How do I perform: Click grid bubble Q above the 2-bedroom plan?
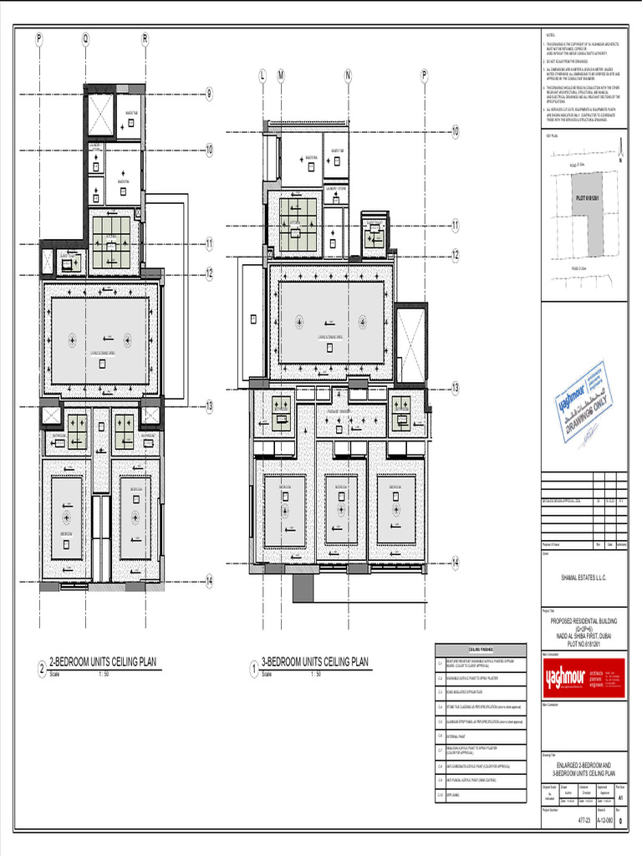point(84,38)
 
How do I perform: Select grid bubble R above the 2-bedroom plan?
point(145,38)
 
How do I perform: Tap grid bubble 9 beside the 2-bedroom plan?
point(210,94)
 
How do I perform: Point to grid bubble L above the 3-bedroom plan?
point(262,76)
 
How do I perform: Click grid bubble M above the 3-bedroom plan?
point(281,76)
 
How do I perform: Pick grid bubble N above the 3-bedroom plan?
point(347,76)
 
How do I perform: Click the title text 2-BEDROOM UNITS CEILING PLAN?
point(103,662)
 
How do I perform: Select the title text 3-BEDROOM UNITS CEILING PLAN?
point(314,662)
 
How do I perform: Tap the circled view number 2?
point(41,670)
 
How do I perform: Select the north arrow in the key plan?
point(619,153)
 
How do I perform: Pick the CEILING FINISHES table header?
point(480,649)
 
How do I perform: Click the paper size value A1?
point(619,798)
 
